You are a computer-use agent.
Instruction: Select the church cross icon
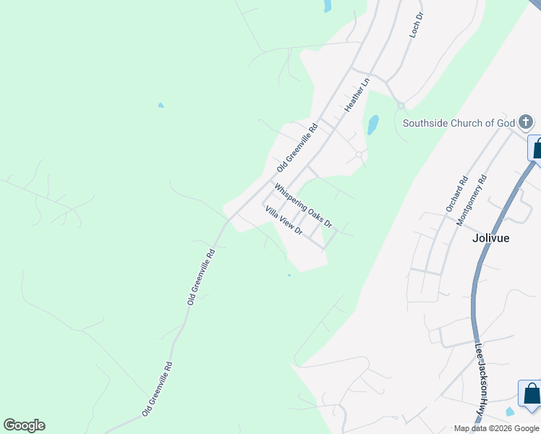(x=526, y=122)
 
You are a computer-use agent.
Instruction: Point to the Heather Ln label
(x=357, y=94)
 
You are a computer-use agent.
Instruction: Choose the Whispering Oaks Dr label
(x=303, y=205)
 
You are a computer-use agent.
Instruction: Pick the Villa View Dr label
(x=284, y=220)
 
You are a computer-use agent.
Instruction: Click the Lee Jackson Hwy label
(x=480, y=378)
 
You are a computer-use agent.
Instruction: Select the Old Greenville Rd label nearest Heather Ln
(x=297, y=148)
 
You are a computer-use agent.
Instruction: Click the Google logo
(x=24, y=425)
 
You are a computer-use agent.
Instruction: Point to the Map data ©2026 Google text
(x=496, y=428)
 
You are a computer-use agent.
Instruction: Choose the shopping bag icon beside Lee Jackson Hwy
(x=531, y=393)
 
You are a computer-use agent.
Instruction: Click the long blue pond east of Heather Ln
(x=372, y=125)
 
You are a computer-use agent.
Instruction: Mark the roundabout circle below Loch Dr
(x=401, y=106)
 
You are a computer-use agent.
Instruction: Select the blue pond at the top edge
(x=327, y=6)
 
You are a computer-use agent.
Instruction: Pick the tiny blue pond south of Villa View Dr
(x=289, y=275)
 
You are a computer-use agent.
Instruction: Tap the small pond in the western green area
(x=161, y=106)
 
